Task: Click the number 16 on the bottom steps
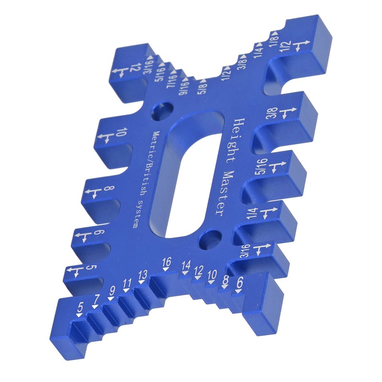pyautogui.click(x=167, y=262)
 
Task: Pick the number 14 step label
pyautogui.click(x=186, y=265)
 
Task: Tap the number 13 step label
pyautogui.click(x=142, y=275)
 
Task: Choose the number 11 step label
pyautogui.click(x=127, y=283)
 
